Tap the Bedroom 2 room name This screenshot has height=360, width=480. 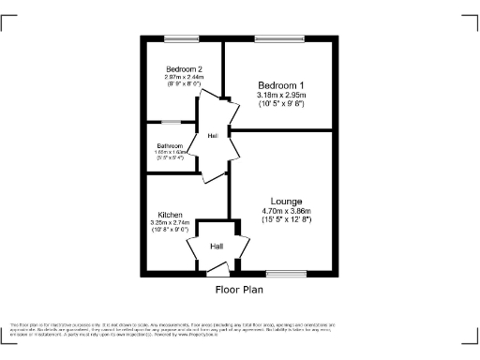[185, 69]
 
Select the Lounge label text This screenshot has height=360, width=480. [286, 201]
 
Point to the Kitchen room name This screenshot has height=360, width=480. [170, 215]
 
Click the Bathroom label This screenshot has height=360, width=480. [170, 145]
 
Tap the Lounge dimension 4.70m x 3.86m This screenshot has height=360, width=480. [286, 211]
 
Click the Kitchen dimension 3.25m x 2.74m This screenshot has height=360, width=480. [170, 222]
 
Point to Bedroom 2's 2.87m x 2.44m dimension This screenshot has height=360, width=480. [185, 76]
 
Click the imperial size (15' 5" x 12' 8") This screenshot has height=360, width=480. [286, 219]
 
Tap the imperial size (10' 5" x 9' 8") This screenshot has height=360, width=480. [282, 103]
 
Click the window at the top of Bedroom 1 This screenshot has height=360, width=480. [273, 38]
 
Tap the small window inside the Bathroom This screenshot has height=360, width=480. [170, 122]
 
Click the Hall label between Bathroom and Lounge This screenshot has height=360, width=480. [215, 136]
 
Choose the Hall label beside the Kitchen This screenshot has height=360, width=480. [217, 247]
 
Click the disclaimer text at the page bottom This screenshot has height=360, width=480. [239, 326]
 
